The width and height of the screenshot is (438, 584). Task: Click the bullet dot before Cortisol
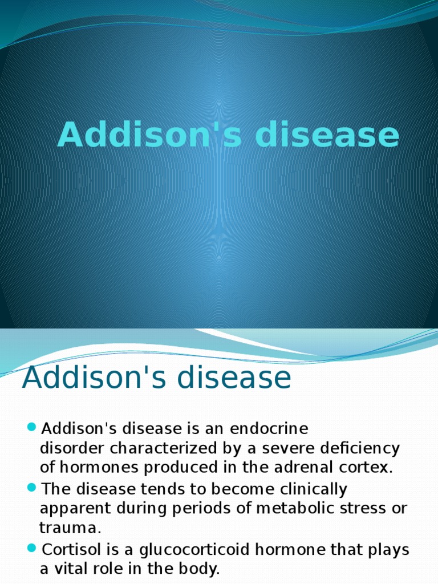31,549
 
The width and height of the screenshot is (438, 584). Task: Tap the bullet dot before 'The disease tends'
31,488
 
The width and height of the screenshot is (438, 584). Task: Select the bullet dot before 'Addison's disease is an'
31,427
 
